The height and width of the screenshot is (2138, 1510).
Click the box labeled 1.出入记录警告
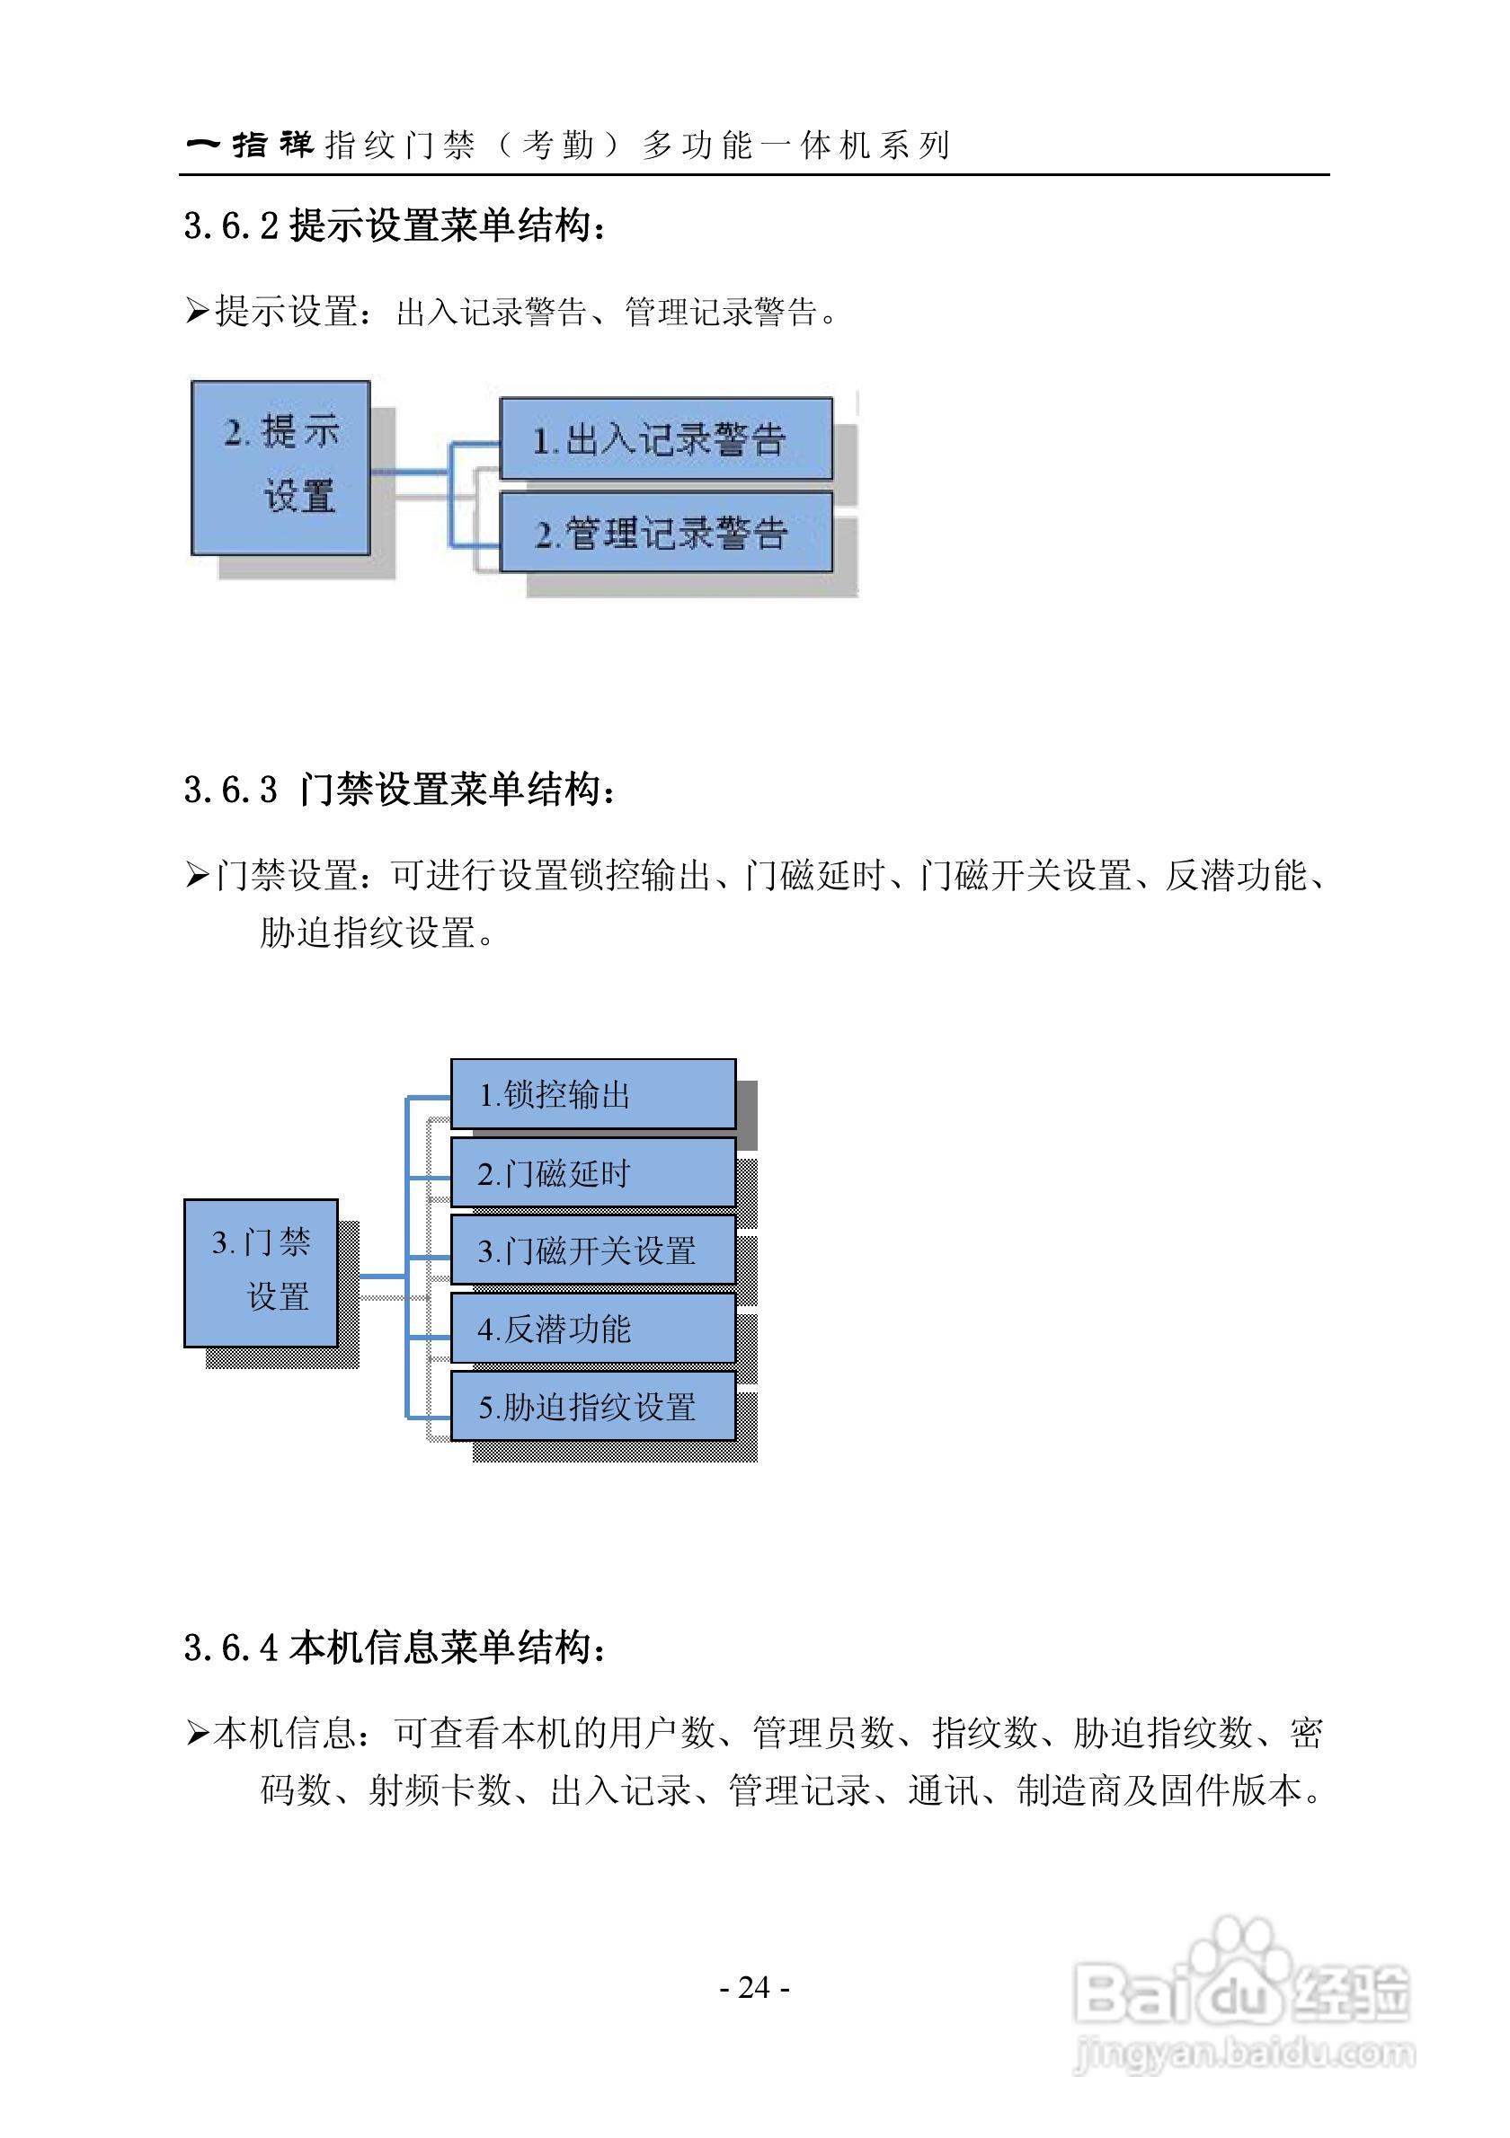[665, 438]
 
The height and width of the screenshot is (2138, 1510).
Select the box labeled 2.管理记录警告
[665, 532]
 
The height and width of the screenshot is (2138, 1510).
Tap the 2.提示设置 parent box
[280, 466]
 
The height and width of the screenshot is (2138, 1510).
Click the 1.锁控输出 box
[592, 1094]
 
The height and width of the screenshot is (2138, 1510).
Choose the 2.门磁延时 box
[592, 1173]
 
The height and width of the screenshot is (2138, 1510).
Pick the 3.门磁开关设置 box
[592, 1250]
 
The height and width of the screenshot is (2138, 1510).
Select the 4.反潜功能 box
[592, 1328]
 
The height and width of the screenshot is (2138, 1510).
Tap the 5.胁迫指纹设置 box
[592, 1406]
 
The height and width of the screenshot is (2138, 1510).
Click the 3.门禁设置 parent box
[261, 1272]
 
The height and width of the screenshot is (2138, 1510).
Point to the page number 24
[754, 1987]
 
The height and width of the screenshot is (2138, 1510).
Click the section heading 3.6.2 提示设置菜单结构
[395, 225]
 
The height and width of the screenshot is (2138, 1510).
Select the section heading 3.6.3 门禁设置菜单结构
[400, 790]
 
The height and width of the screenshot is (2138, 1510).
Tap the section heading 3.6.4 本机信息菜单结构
[395, 1648]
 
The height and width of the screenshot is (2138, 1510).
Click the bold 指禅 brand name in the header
[272, 145]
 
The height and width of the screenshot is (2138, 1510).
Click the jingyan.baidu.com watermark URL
[1245, 2053]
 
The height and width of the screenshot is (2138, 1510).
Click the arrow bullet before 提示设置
[197, 311]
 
